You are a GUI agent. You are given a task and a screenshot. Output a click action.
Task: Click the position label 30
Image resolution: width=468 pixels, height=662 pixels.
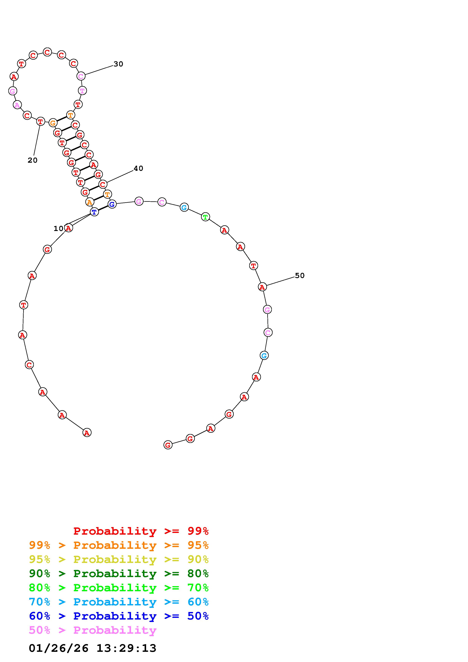click(x=118, y=64)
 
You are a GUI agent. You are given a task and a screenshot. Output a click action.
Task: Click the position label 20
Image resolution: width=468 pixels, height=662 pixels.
click(x=33, y=160)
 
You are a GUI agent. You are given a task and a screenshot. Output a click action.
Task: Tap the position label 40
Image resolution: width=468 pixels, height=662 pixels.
click(x=138, y=168)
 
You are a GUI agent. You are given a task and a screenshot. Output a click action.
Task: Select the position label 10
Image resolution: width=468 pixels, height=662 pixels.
click(x=59, y=229)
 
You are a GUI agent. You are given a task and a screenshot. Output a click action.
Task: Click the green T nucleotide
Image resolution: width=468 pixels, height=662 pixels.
click(x=205, y=217)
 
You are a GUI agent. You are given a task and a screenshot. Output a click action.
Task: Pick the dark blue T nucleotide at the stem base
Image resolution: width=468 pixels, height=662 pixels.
click(x=94, y=212)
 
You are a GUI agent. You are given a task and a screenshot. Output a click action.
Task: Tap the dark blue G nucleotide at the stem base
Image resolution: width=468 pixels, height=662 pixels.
click(x=112, y=204)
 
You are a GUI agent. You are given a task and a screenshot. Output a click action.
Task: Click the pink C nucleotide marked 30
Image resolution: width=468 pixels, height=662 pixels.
click(x=81, y=76)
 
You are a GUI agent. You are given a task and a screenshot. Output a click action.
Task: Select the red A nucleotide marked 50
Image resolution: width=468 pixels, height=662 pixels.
click(x=262, y=287)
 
